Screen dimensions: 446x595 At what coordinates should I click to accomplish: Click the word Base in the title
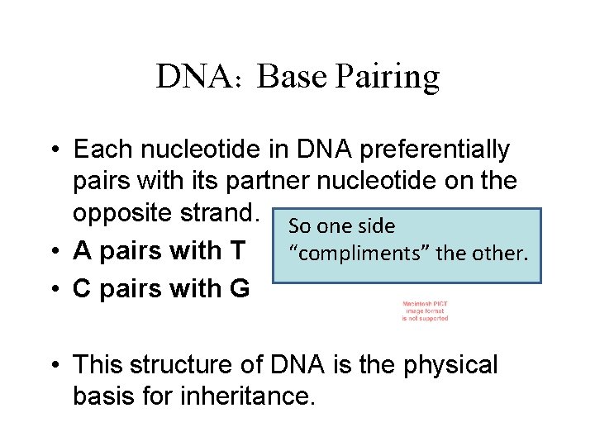[x=285, y=77]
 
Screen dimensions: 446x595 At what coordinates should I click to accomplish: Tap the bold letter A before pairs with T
[x=82, y=249]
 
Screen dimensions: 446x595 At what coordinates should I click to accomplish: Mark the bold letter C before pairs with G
[x=82, y=289]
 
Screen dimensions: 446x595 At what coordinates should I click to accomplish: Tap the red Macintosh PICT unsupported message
[x=426, y=311]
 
